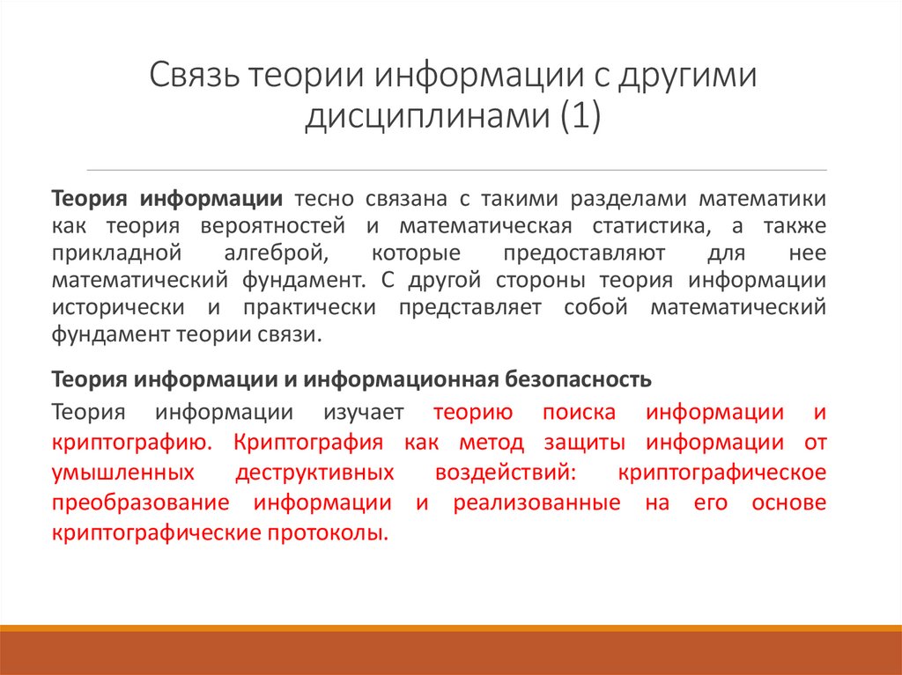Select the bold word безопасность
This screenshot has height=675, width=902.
579,379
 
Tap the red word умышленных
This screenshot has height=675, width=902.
123,473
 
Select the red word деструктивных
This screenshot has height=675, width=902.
314,473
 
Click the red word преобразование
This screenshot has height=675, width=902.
140,503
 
